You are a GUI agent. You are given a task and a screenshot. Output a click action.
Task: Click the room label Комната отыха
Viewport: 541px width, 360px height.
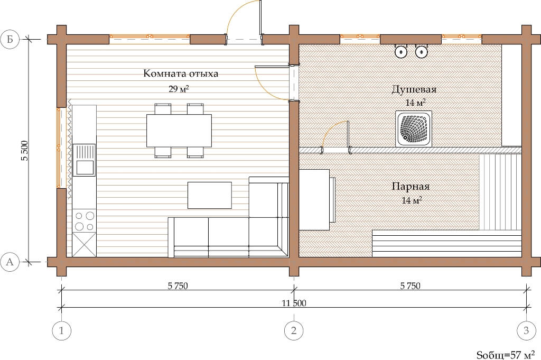pyautogui.click(x=181, y=73)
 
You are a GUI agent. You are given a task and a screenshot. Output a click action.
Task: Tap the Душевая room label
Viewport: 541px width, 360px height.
pyautogui.click(x=414, y=89)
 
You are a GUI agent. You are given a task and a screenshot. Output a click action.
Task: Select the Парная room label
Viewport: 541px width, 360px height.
pyautogui.click(x=411, y=187)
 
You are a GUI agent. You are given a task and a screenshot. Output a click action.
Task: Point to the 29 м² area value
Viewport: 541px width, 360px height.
pyautogui.click(x=179, y=89)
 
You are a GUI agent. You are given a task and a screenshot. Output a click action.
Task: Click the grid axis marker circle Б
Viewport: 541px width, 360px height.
pyautogui.click(x=10, y=39)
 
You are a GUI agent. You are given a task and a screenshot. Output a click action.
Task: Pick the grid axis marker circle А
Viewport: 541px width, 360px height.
pyautogui.click(x=10, y=262)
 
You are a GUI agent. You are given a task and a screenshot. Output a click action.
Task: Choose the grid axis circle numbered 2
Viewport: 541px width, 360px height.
pyautogui.click(x=294, y=331)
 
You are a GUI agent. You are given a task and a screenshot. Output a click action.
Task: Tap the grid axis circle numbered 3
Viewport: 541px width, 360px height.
pyautogui.click(x=526, y=331)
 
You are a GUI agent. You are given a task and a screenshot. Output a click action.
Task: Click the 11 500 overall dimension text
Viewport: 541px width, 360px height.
pyautogui.click(x=294, y=303)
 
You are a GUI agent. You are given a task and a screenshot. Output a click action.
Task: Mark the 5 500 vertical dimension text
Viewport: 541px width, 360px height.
pyautogui.click(x=24, y=151)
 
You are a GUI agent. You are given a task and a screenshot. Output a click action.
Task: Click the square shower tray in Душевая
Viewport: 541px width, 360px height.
pyautogui.click(x=413, y=129)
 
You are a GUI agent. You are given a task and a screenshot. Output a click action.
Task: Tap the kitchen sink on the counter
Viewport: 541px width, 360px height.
pyautogui.click(x=84, y=160)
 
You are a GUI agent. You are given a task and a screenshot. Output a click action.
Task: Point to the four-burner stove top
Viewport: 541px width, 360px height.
pyautogui.click(x=85, y=221)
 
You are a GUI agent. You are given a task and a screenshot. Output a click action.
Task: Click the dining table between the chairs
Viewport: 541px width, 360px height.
pyautogui.click(x=179, y=131)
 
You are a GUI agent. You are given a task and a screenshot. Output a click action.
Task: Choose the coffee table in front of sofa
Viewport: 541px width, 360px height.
pyautogui.click(x=209, y=196)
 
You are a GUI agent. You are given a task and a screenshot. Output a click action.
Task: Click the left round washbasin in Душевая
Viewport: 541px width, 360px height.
pyautogui.click(x=401, y=52)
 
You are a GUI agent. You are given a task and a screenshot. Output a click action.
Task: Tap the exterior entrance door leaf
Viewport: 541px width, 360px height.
pyautogui.click(x=260, y=17)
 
